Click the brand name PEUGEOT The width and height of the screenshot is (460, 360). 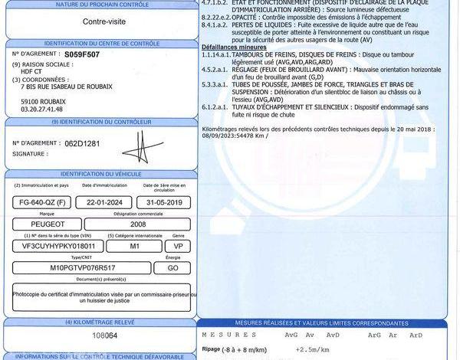point(41,224)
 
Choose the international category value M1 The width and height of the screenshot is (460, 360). point(134,247)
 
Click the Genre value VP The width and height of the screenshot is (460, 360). point(178,247)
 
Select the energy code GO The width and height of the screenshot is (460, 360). point(172,269)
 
